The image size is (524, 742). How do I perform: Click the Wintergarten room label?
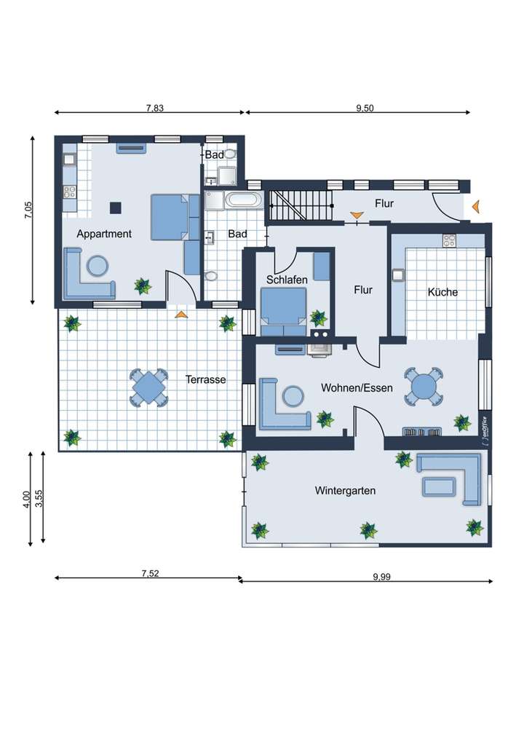click(345, 491)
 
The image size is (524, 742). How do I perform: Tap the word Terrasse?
click(205, 379)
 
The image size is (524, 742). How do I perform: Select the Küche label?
click(442, 292)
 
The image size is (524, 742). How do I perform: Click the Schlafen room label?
click(287, 280)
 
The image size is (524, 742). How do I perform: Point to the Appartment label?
click(104, 234)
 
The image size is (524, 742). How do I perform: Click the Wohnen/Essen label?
click(357, 388)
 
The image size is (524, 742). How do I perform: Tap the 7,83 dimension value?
click(154, 108)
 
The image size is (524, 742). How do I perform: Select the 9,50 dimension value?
click(365, 108)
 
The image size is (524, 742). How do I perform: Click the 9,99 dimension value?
click(381, 577)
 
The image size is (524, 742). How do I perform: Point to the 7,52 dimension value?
click(151, 574)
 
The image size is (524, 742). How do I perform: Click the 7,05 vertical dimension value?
click(28, 210)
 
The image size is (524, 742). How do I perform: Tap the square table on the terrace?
click(149, 388)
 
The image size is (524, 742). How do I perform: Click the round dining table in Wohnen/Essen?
click(424, 387)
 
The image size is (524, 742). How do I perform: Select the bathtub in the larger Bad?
click(244, 200)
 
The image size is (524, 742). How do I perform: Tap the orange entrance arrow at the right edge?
click(476, 206)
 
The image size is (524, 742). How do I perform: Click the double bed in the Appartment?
click(175, 217)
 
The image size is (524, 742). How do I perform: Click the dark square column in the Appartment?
click(116, 208)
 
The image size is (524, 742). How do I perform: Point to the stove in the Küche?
click(449, 240)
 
